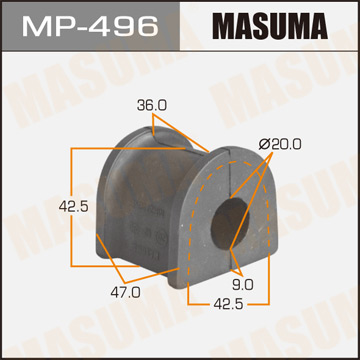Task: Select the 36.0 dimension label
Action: pyautogui.click(x=152, y=103)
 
